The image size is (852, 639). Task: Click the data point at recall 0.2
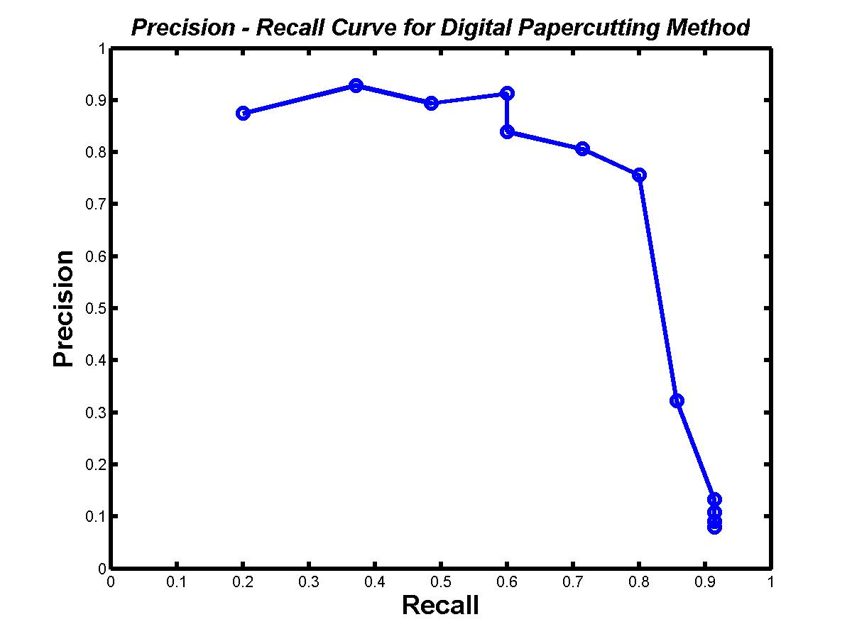pyautogui.click(x=243, y=113)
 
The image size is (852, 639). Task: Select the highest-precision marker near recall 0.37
pyautogui.click(x=356, y=85)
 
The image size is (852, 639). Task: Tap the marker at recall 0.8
pyautogui.click(x=639, y=175)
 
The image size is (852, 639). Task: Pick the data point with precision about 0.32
pyautogui.click(x=677, y=400)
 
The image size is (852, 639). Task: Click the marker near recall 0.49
pyautogui.click(x=431, y=103)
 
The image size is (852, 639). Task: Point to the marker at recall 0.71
pyautogui.click(x=582, y=148)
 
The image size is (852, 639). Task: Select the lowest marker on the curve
pyautogui.click(x=714, y=527)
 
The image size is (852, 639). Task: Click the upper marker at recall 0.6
pyautogui.click(x=507, y=93)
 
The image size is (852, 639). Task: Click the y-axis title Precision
pyautogui.click(x=64, y=307)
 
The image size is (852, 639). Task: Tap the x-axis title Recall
pyautogui.click(x=440, y=606)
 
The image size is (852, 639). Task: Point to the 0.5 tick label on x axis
pyautogui.click(x=440, y=582)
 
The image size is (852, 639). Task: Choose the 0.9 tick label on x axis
pyautogui.click(x=704, y=582)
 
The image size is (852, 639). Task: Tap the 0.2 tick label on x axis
pyautogui.click(x=242, y=582)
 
